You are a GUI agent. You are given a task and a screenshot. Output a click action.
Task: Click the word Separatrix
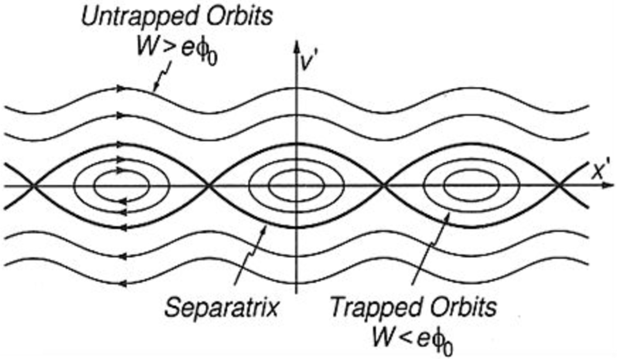221,308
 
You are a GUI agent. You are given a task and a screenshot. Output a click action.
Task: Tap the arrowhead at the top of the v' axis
297,47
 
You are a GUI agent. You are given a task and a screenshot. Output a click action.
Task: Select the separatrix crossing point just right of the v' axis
384,186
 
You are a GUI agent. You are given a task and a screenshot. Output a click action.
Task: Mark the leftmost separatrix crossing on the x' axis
33,186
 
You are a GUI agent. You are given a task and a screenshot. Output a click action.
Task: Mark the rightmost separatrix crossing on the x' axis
559,186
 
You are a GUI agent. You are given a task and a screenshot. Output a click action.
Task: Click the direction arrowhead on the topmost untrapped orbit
122,88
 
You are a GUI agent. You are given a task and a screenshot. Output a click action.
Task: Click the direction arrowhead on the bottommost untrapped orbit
122,284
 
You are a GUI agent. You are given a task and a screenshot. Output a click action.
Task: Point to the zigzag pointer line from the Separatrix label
250,258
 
